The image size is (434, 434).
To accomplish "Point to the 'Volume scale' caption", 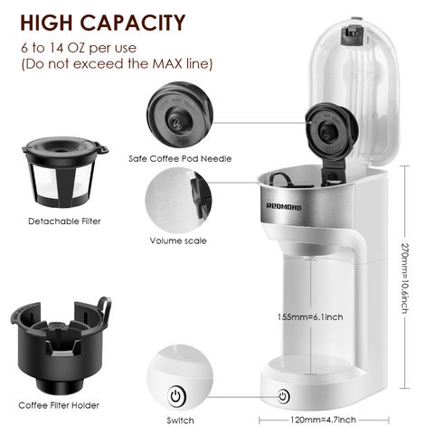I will [x=177, y=241].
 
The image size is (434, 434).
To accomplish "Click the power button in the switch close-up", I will [x=175, y=395].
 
